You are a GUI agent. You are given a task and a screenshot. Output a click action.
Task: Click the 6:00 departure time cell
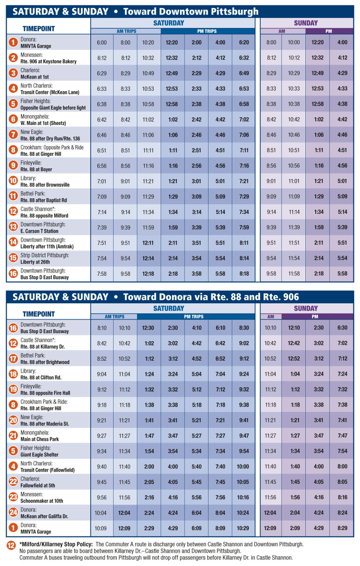pyautogui.click(x=102, y=43)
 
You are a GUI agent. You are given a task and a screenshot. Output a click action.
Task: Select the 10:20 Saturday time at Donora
pyautogui.click(x=148, y=43)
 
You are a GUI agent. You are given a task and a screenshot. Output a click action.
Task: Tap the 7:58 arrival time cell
pyautogui.click(x=102, y=274)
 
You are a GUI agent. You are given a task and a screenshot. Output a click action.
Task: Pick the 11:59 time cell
pyautogui.click(x=148, y=228)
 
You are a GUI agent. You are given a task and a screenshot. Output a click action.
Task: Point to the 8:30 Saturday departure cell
pyautogui.click(x=244, y=328)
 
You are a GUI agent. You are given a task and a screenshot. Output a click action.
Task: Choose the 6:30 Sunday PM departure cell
pyautogui.click(x=342, y=328)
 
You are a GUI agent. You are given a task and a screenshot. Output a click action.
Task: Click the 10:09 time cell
pyautogui.click(x=100, y=528)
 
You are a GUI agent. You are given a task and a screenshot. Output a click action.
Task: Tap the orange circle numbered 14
pyautogui.click(x=13, y=242)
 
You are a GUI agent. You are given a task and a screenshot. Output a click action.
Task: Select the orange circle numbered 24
pyautogui.click(x=13, y=512)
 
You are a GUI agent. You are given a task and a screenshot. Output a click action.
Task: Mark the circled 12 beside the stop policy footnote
pyautogui.click(x=11, y=545)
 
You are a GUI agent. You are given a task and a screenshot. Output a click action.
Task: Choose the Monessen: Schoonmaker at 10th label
pyautogui.click(x=42, y=497)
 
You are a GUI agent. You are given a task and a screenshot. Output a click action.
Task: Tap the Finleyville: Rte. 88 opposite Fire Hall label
pyautogui.click(x=45, y=390)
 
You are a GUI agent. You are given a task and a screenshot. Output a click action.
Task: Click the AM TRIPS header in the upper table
pyautogui.click(x=126, y=31)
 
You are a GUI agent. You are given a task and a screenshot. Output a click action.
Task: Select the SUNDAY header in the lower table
pyautogui.click(x=306, y=308)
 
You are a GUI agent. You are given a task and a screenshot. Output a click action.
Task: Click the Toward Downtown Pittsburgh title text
pyautogui.click(x=191, y=12)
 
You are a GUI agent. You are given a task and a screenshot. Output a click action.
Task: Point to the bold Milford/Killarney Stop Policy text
pyautogui.click(x=56, y=544)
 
